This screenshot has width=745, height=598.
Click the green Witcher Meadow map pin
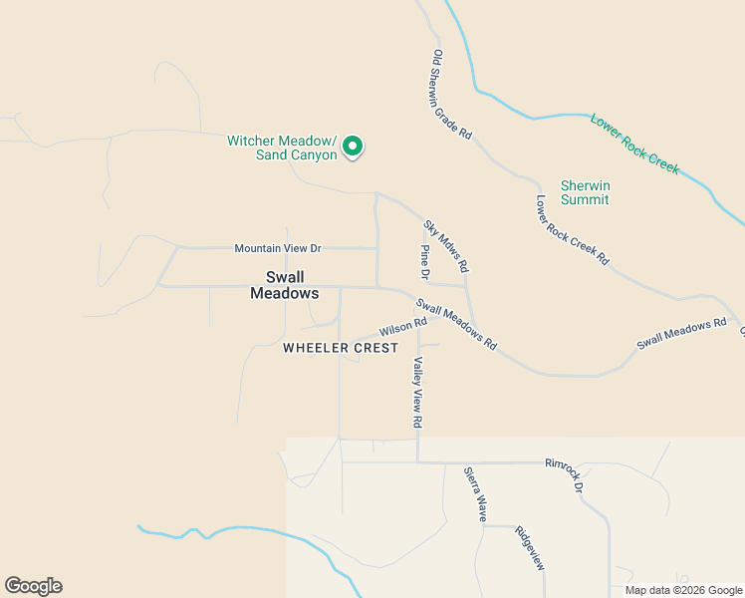353,147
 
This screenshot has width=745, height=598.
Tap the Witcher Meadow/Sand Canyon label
283,148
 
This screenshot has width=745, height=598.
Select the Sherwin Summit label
585,192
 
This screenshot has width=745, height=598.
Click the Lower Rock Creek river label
634,144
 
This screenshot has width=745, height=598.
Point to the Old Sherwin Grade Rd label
452,95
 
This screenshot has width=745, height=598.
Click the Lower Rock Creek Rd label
572,229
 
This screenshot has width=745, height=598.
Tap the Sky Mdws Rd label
446,247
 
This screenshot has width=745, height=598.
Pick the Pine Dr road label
425,262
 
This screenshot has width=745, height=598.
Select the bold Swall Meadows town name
285,285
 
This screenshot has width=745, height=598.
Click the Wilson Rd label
402,326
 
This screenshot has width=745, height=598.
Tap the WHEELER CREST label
341,348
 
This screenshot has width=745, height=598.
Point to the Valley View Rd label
417,393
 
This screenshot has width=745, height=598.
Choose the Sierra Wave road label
474,493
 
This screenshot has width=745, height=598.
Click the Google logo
33,586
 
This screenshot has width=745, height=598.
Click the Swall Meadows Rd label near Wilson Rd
456,325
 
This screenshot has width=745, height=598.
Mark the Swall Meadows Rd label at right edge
682,333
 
